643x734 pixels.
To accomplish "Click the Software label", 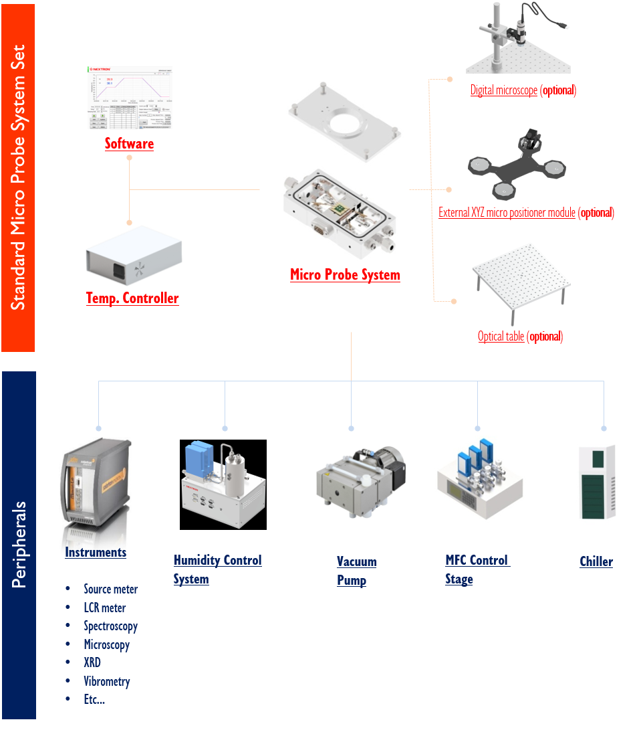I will (x=129, y=144).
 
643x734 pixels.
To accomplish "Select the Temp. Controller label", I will (x=132, y=298).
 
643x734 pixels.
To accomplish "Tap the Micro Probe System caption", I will (x=345, y=275).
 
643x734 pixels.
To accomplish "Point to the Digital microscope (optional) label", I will (x=523, y=90).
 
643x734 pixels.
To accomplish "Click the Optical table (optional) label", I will (x=520, y=337).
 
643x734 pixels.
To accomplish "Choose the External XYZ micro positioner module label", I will (x=526, y=213).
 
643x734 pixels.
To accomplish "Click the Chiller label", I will (x=596, y=561).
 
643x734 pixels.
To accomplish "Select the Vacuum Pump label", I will (x=356, y=571).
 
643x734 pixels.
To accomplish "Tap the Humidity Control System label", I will (x=217, y=569).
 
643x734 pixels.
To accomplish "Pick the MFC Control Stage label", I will (x=477, y=569).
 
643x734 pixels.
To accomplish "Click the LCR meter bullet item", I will (x=104, y=608).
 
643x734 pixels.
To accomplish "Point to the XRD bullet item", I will (x=92, y=662).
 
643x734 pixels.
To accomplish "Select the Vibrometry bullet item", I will (x=106, y=681).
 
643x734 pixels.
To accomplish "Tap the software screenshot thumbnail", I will (x=130, y=98).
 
